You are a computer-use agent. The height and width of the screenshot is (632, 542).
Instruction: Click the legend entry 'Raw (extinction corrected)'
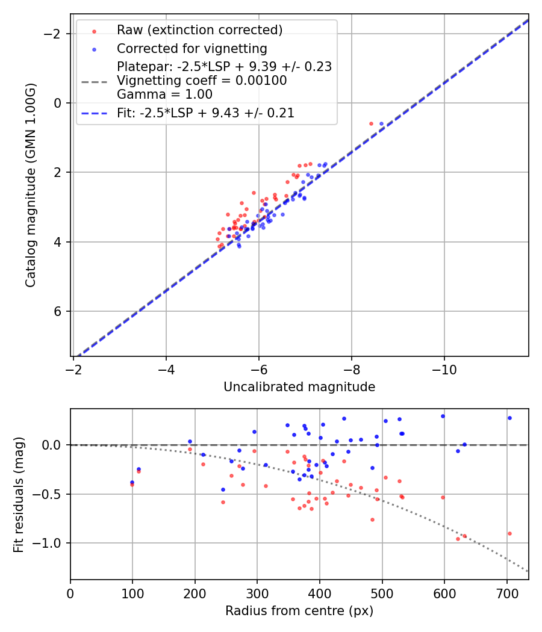pos(199,30)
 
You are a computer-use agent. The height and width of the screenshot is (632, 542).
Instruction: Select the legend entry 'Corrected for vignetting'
pos(192,48)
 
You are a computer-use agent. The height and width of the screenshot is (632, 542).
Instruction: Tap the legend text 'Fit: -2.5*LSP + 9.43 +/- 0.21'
pos(205,113)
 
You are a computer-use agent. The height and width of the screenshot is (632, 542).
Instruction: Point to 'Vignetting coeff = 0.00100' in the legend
pos(202,81)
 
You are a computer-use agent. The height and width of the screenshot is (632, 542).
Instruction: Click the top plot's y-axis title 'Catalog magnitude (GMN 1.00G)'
pos(31,185)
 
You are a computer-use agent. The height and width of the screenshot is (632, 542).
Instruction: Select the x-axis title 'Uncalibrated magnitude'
pos(299,387)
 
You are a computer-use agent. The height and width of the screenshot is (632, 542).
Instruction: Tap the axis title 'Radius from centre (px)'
pos(299,611)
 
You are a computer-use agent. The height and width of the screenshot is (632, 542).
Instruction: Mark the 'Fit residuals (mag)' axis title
pos(18,494)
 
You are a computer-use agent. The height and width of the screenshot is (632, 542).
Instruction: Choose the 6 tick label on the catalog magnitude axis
pos(58,311)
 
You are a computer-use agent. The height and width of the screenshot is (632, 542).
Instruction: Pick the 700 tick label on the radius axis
pos(506,593)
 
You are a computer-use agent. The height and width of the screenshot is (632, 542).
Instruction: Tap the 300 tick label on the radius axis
pos(257,593)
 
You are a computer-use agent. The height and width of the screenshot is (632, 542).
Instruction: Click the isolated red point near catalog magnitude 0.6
pos(371,123)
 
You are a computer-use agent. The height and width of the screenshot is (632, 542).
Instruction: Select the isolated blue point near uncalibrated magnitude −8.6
pos(381,123)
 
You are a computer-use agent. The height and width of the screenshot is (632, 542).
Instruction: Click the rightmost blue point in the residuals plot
pos(509,418)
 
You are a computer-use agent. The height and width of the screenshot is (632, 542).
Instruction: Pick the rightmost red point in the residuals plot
pos(509,533)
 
